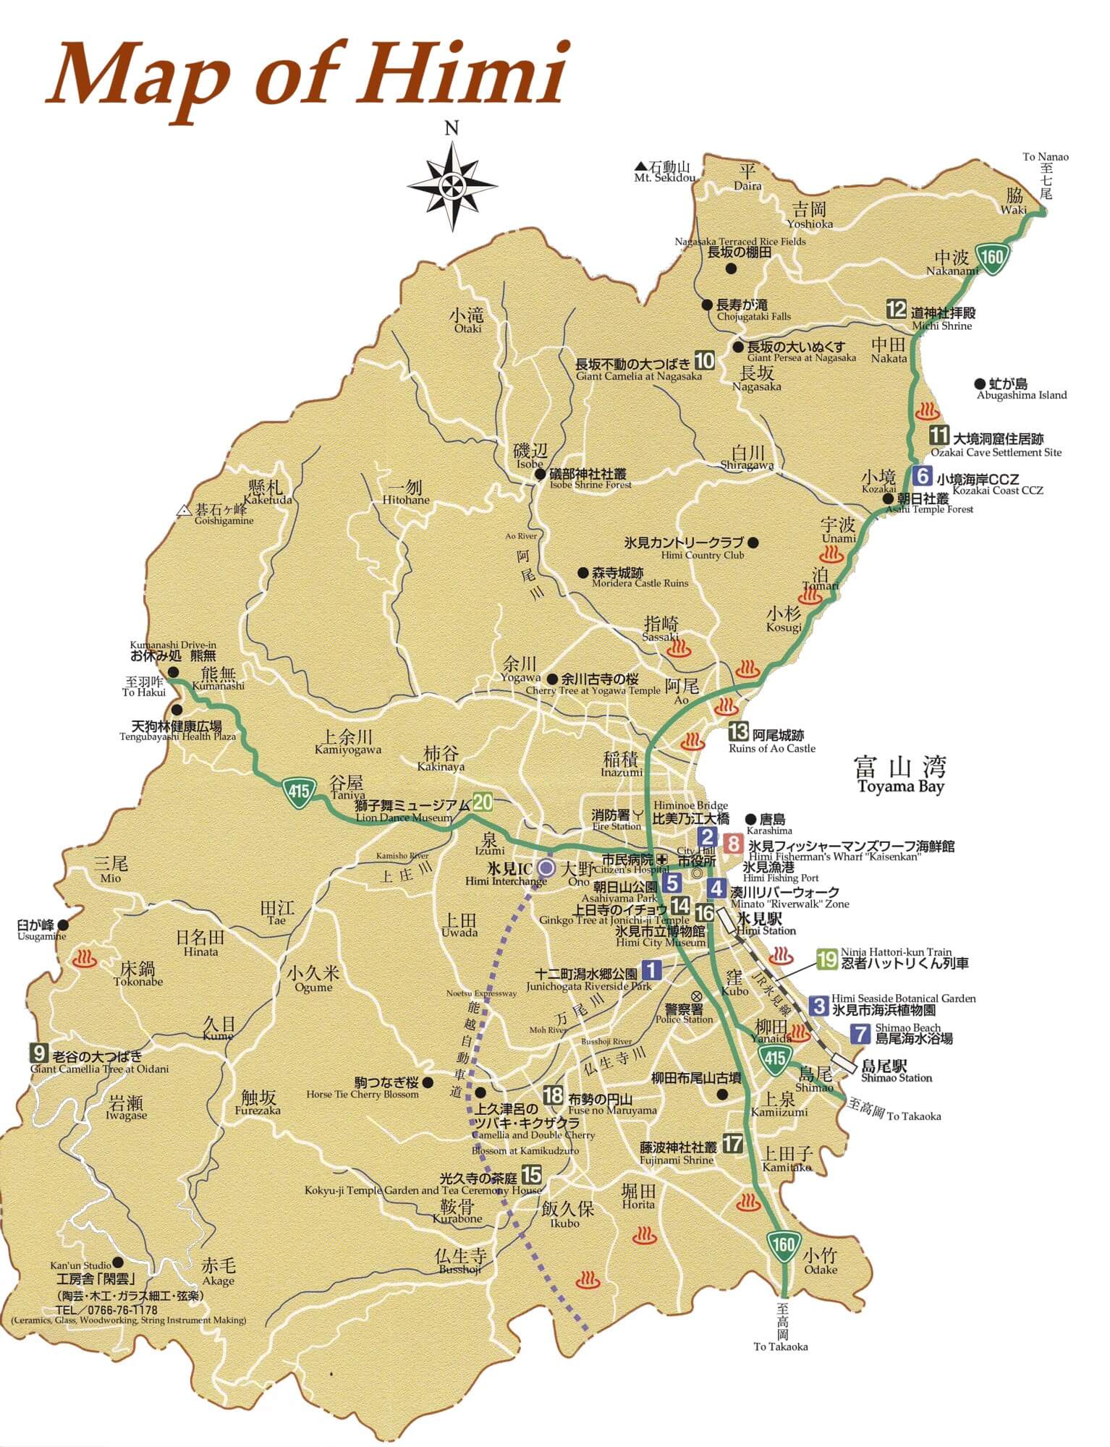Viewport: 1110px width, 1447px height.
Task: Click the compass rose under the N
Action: [452, 185]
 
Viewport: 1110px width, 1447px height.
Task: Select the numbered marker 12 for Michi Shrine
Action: [896, 309]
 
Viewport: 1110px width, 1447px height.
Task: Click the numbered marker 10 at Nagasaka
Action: [704, 360]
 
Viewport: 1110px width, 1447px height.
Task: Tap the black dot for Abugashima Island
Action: [980, 383]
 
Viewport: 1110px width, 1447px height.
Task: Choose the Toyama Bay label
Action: [900, 786]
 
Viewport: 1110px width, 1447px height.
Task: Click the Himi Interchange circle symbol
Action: [547, 867]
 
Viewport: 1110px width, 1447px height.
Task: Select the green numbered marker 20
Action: [483, 802]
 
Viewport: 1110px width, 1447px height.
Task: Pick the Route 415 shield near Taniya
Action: [298, 789]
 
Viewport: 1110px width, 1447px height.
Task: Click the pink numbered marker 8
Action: [734, 843]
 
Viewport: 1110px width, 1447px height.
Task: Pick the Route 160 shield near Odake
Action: [783, 1244]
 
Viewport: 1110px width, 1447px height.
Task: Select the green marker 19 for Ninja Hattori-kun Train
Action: [826, 959]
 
